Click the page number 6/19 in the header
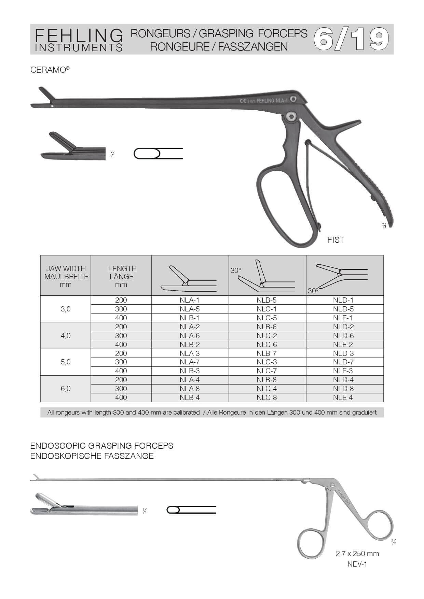[351, 39]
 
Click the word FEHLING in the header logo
[79, 36]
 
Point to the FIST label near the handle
[336, 240]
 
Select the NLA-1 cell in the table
[190, 300]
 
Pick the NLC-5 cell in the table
[266, 318]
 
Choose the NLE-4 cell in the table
[343, 398]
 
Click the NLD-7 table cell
[343, 362]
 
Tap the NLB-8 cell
[266, 380]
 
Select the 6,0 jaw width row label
[66, 389]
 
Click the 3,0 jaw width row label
[66, 309]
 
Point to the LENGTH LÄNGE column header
[122, 273]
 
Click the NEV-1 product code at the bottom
[357, 564]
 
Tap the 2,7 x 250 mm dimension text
[357, 554]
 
